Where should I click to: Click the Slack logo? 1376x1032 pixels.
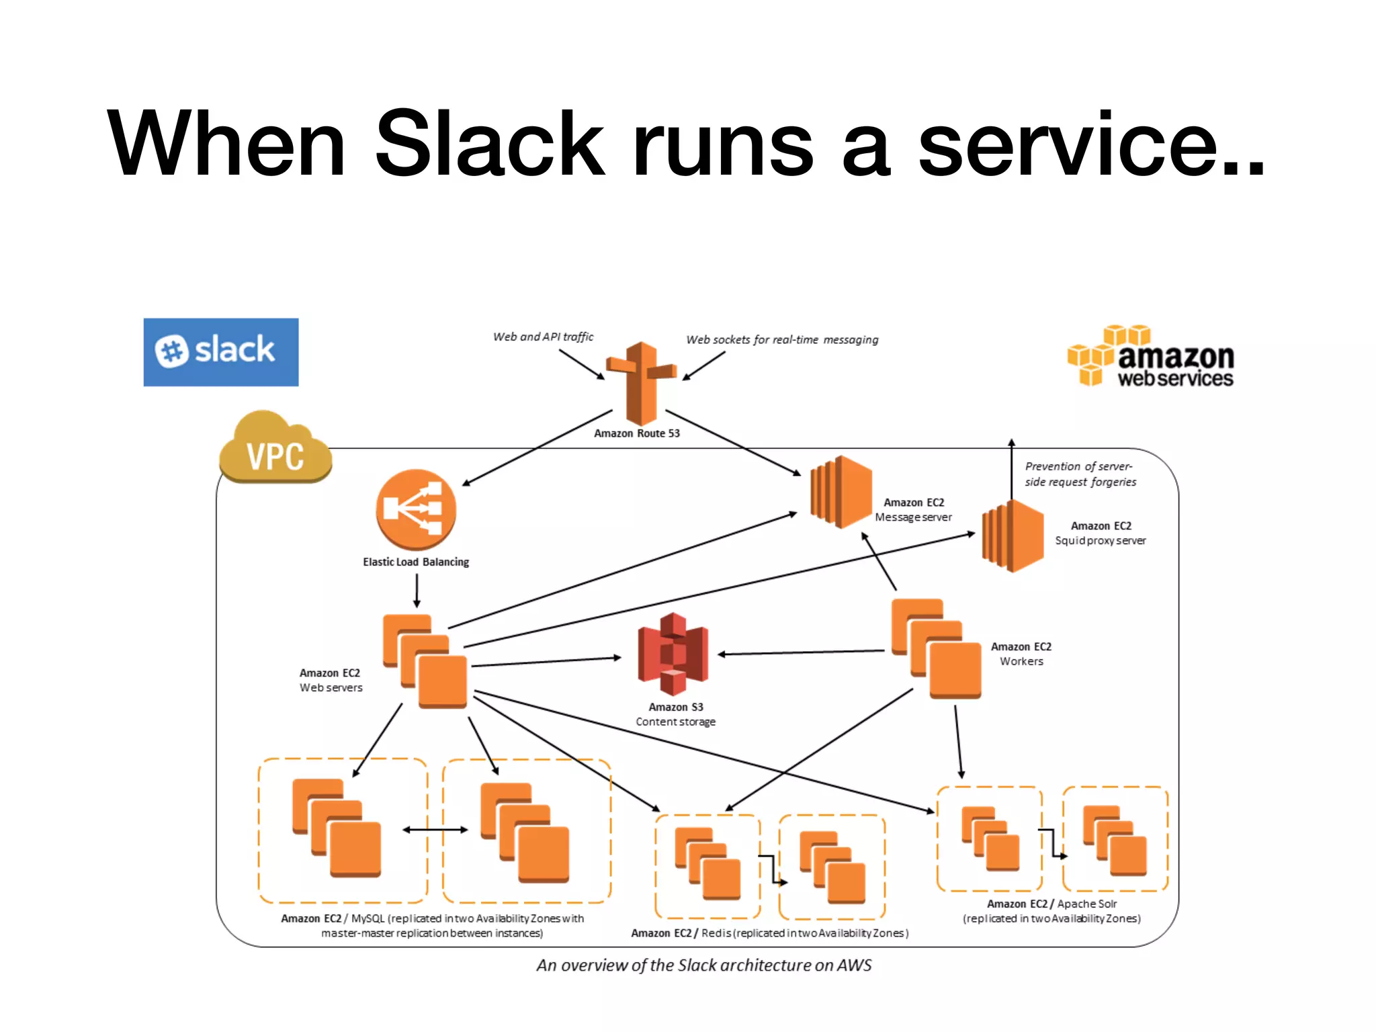tap(220, 352)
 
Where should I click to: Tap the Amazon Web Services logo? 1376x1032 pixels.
tap(1150, 357)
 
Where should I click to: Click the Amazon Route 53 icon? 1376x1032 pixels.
tap(641, 383)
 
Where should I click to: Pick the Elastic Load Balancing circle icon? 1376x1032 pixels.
tap(416, 510)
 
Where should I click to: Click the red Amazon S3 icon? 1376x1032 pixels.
tap(673, 654)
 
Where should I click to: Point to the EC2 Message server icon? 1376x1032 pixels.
tap(841, 492)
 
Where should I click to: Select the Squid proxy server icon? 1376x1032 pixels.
tap(1013, 535)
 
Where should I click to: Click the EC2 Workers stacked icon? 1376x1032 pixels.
tap(937, 649)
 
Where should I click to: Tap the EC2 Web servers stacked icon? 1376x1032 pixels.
tap(425, 661)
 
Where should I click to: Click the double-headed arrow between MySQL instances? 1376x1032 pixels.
tap(435, 830)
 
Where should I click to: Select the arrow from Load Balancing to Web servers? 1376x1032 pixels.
tap(417, 591)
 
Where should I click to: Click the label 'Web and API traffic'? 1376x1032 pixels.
tap(543, 337)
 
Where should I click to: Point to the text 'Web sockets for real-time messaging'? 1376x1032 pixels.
tap(781, 340)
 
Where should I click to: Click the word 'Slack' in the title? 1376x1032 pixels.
tap(490, 144)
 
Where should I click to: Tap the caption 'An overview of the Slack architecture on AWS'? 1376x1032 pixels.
tap(703, 965)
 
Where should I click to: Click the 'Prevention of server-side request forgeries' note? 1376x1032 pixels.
tap(1080, 474)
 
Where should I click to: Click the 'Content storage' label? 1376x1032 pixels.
tap(675, 722)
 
